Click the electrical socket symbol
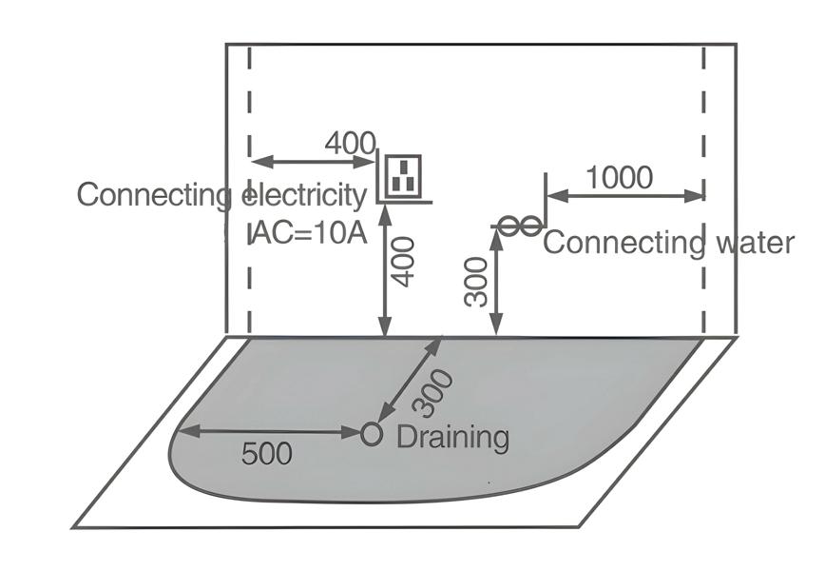coord(404,177)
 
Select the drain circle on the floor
coord(371,434)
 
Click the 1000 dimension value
coord(619,178)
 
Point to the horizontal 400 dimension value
coord(350,144)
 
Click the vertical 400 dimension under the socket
coord(404,261)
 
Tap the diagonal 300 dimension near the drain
coord(436,391)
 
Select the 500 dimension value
coord(266,454)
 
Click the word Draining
coord(452,438)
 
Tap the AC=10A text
coord(309,233)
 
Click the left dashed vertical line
coord(249,114)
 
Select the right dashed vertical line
coord(704,114)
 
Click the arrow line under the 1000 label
coord(626,197)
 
